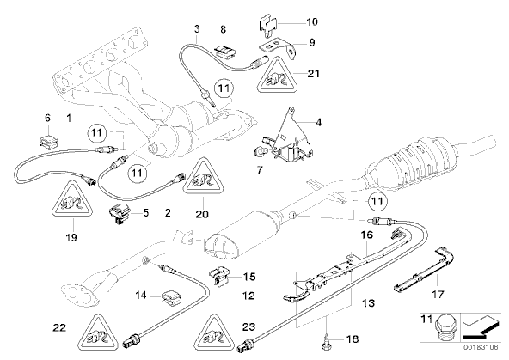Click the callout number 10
pyautogui.click(x=312, y=22)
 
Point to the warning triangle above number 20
pyautogui.click(x=203, y=178)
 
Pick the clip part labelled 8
pyautogui.click(x=224, y=49)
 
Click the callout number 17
pyautogui.click(x=438, y=294)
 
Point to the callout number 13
pyautogui.click(x=369, y=303)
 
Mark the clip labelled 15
pyautogui.click(x=221, y=275)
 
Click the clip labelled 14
pyautogui.click(x=170, y=296)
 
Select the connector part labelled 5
pyautogui.click(x=120, y=213)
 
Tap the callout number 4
pyautogui.click(x=318, y=123)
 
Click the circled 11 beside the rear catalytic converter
pyautogui.click(x=377, y=201)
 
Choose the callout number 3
pyautogui.click(x=197, y=29)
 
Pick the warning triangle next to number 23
pyautogui.click(x=214, y=335)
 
